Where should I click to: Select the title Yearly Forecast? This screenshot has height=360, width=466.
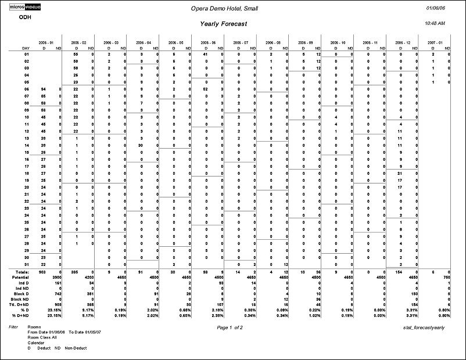pyautogui.click(x=224, y=24)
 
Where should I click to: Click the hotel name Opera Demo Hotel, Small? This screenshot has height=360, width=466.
pyautogui.click(x=224, y=8)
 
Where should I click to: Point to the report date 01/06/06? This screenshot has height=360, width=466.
pyautogui.click(x=436, y=8)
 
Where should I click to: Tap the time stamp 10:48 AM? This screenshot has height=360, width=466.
pyautogui.click(x=435, y=23)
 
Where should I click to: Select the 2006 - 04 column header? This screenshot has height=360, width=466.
pyautogui.click(x=144, y=42)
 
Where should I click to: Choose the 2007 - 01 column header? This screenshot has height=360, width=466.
pyautogui.click(x=436, y=42)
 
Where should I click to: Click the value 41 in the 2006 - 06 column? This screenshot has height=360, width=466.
pyautogui.click(x=206, y=54)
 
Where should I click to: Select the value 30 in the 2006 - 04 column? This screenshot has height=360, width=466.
pyautogui.click(x=141, y=145)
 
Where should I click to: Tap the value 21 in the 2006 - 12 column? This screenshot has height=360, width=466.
pyautogui.click(x=400, y=173)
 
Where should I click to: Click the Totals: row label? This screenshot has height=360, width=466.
pyautogui.click(x=21, y=272)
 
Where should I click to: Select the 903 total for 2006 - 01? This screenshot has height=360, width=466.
pyautogui.click(x=41, y=272)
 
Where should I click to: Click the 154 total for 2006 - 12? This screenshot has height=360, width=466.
pyautogui.click(x=398, y=272)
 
